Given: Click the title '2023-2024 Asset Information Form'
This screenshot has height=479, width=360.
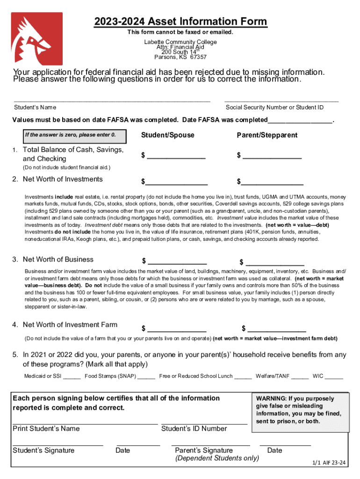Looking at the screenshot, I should pos(180,22).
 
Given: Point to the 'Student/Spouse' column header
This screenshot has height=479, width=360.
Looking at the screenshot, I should pos(167,135).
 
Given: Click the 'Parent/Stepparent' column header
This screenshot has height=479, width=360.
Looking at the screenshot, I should pos(267,135).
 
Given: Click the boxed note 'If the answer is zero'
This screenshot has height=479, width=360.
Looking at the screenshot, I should pos(70,135).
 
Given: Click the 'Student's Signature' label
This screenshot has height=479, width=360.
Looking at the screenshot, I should pos(43,450).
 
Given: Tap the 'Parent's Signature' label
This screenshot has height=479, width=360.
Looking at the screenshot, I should pos(204,450).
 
